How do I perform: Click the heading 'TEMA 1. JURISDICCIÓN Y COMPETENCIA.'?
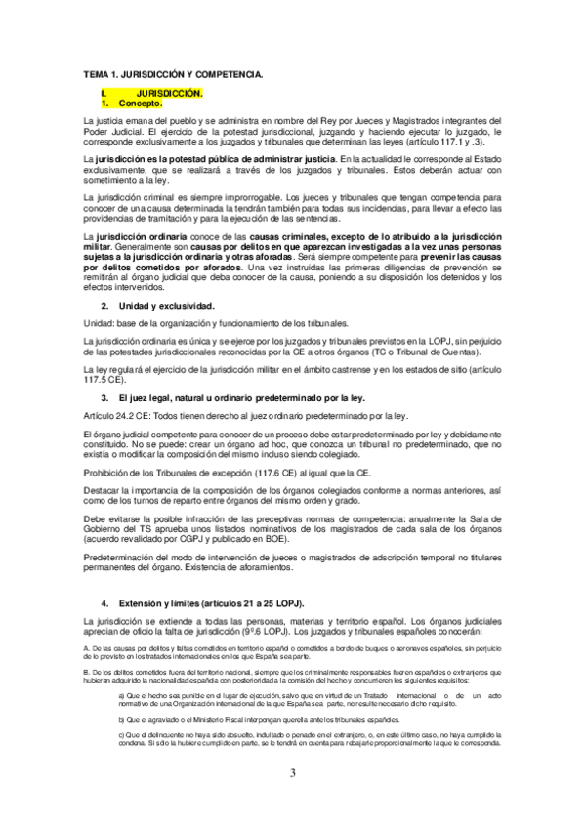tap(173, 74)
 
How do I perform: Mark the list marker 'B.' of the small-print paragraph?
tap(87, 672)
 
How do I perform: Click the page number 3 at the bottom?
tap(292, 773)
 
